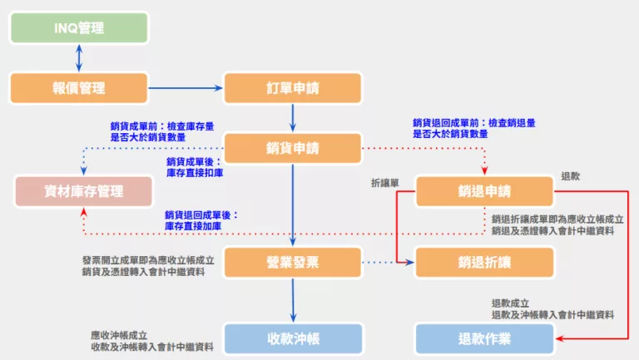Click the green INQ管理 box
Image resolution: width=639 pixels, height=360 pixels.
[79, 27]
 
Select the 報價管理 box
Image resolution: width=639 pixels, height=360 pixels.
[79, 87]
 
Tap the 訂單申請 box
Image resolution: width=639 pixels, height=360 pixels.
[293, 87]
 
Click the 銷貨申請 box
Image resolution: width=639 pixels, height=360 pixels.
[293, 149]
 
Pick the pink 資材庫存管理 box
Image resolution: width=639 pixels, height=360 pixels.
[84, 191]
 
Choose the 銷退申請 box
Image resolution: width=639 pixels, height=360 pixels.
[484, 191]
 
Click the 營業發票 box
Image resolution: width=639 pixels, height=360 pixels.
[293, 262]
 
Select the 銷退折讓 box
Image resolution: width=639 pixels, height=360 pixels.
[484, 262]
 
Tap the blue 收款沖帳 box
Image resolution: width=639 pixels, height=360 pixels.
[293, 338]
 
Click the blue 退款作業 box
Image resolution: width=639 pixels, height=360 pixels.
[484, 338]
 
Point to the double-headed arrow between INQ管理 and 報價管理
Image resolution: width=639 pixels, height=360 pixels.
[79, 57]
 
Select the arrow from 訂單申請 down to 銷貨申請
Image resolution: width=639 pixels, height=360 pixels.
[293, 118]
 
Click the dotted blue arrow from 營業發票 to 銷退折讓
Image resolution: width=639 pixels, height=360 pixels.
[388, 262]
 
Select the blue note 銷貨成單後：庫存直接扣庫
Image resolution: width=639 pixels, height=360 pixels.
[195, 167]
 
